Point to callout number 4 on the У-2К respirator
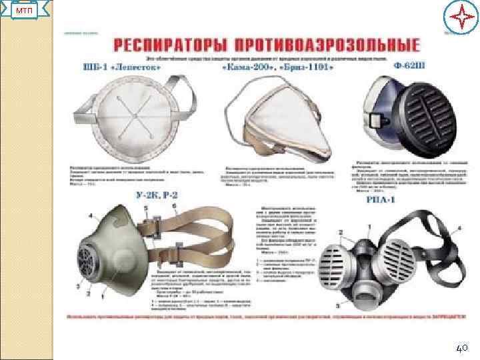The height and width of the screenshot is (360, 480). pyautogui.click(x=91, y=215)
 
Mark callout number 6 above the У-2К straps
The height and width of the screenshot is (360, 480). pyautogui.click(x=175, y=207)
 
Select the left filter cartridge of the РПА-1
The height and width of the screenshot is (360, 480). pyautogui.click(x=341, y=265)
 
